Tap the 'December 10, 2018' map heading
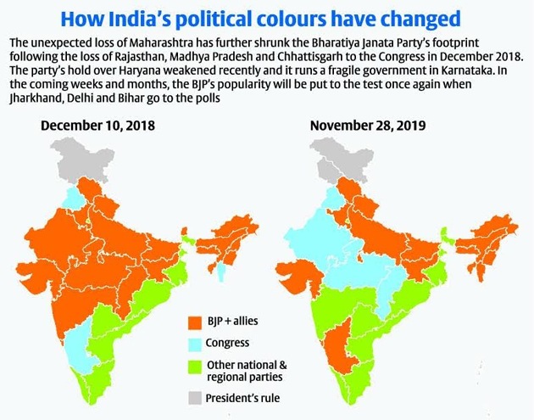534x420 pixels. coord(97,126)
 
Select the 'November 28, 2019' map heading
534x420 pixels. coord(367,126)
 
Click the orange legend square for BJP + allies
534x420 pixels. coord(193,322)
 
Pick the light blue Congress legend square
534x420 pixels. coord(193,344)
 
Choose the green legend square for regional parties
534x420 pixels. coord(193,365)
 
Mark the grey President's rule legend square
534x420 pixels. coord(193,396)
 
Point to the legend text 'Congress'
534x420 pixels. coord(227,344)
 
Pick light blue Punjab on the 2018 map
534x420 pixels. coord(74,199)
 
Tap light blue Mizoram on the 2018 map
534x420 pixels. coord(221,271)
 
